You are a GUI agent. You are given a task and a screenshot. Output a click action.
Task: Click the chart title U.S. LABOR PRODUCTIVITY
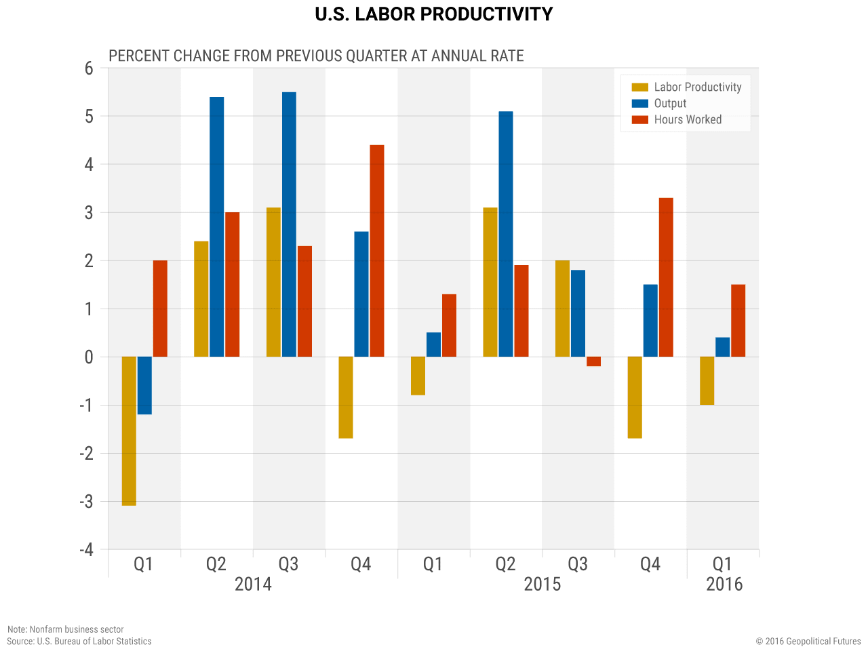point(434,14)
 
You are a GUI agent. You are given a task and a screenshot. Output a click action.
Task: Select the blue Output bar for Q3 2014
point(289,224)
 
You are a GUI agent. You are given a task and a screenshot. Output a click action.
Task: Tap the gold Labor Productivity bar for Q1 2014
point(129,431)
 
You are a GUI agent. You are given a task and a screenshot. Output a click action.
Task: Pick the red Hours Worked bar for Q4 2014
point(377,251)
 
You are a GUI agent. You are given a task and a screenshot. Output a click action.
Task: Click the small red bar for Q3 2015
point(593,361)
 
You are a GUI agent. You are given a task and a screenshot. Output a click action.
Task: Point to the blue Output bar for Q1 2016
point(723,347)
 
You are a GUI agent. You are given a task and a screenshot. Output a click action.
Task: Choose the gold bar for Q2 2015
point(490,281)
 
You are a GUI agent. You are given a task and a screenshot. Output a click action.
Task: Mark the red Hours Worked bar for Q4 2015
point(666,277)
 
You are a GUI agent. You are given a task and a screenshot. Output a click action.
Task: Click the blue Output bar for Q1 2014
point(144,385)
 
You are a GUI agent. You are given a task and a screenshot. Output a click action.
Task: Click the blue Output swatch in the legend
point(640,104)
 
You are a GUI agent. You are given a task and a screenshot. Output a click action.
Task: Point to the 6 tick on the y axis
point(89,68)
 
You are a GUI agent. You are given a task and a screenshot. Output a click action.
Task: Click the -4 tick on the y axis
point(86,549)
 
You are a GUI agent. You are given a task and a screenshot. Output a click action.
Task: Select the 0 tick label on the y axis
point(89,357)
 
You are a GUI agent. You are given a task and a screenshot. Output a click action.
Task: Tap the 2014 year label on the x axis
point(253,584)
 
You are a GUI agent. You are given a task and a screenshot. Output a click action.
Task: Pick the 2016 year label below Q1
point(724,584)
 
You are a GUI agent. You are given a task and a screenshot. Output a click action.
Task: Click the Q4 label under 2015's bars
point(650,564)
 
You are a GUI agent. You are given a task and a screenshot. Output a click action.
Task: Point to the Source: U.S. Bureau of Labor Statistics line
point(79,641)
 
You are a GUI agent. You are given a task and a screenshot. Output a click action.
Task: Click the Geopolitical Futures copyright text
point(808,641)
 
